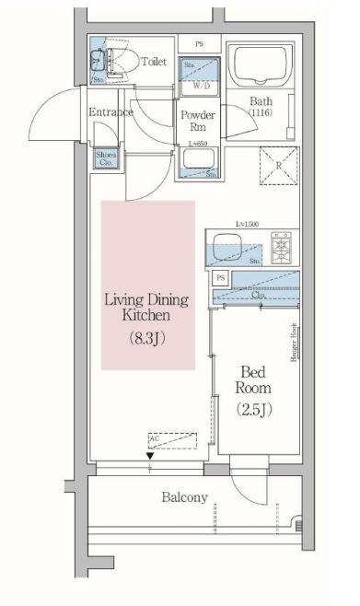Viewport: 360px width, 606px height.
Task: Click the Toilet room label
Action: pos(151,63)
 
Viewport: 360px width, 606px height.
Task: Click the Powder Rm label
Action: pos(198,121)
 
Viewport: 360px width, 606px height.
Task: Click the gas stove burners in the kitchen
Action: pos(279,246)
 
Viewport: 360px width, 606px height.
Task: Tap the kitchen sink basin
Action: pos(226,247)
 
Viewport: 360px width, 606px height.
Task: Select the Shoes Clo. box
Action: pos(105,157)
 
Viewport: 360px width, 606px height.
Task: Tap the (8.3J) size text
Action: pos(147,337)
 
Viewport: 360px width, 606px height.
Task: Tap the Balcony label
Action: pos(185,498)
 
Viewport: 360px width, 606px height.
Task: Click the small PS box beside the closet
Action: pos(220,277)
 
